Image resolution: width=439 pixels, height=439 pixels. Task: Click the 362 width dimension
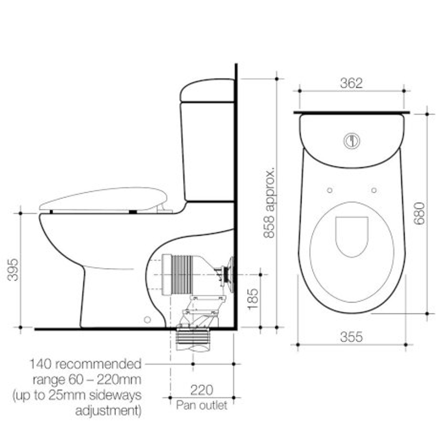pos(351,83)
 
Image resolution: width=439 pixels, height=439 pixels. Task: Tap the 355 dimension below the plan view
pos(351,337)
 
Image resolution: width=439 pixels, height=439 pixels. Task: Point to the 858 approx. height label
pos(269,202)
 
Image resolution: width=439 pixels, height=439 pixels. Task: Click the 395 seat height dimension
pos(13,269)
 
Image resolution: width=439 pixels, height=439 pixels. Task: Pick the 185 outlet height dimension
pos(252,299)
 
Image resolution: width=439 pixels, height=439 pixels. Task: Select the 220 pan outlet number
pos(202,390)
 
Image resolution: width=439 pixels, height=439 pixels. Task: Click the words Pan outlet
pos(202,405)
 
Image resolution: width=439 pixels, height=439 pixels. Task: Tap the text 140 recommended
pos(85,364)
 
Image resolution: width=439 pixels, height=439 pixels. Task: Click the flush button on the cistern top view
pos(352,141)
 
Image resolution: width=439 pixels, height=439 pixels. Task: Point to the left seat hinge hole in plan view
pos(330,190)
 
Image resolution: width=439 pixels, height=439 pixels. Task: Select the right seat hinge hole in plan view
pos(374,190)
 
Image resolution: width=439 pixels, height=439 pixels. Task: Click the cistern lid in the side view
pos(207,90)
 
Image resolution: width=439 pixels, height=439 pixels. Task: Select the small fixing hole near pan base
pos(147,319)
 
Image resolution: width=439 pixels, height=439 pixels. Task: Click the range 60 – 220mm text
pos(87,380)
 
